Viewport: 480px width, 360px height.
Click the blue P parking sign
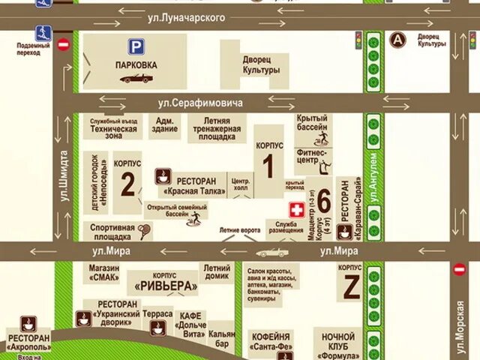point(136,46)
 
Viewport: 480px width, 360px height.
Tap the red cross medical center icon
point(296,209)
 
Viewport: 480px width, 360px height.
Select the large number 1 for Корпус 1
point(268,166)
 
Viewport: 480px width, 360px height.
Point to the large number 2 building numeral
point(127,184)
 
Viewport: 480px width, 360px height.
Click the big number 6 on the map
point(323,201)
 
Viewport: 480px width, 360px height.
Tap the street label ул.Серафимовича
point(200,102)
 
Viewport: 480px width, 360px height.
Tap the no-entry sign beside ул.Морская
point(459,268)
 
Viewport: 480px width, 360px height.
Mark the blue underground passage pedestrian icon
point(42,32)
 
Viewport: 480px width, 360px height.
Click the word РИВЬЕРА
point(166,286)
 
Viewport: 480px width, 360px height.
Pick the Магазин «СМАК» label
point(103,272)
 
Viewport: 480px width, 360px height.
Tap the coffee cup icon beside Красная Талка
point(163,177)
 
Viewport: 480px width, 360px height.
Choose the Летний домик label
point(216,272)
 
